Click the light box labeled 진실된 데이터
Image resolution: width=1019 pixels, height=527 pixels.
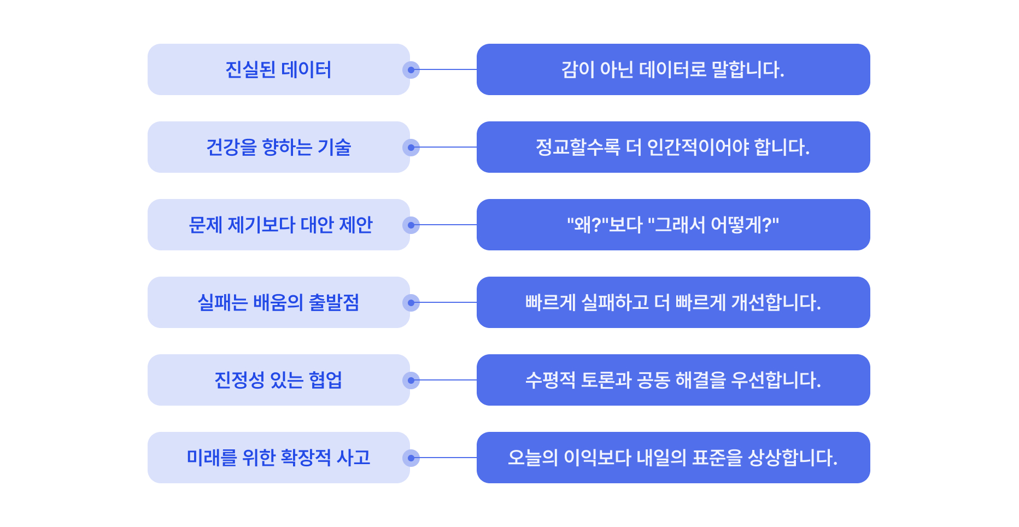pyautogui.click(x=278, y=69)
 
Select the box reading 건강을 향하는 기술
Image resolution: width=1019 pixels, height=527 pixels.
pyautogui.click(x=278, y=147)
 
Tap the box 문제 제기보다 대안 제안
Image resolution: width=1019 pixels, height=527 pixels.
pyautogui.click(x=278, y=225)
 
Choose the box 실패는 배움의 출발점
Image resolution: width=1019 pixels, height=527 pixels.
pyautogui.click(x=278, y=302)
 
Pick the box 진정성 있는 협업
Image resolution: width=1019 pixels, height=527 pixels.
pyautogui.click(x=278, y=380)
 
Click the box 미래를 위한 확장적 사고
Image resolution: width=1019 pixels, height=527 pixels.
pyautogui.click(x=278, y=458)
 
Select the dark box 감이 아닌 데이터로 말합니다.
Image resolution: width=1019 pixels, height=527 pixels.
pyautogui.click(x=673, y=69)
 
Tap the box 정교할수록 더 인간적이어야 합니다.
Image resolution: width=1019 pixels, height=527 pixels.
pyautogui.click(x=673, y=147)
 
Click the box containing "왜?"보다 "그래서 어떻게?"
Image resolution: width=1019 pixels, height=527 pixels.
pyautogui.click(x=673, y=225)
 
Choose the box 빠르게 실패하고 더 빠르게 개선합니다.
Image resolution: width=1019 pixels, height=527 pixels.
pyautogui.click(x=673, y=302)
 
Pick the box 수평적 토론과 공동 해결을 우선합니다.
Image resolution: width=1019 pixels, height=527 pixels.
pyautogui.click(x=673, y=380)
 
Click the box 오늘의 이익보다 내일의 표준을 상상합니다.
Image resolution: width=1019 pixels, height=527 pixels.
pyautogui.click(x=673, y=458)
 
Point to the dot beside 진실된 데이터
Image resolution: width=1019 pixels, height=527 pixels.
pyautogui.click(x=411, y=70)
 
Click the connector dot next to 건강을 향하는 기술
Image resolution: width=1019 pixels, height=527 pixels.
pyautogui.click(x=411, y=148)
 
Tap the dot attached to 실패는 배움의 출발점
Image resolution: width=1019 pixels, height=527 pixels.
pyautogui.click(x=411, y=303)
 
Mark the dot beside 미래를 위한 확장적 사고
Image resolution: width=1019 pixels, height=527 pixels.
pyautogui.click(x=411, y=458)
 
